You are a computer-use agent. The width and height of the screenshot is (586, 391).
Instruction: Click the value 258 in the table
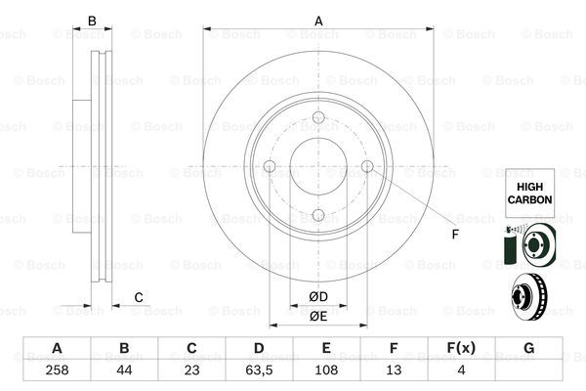pos(57,370)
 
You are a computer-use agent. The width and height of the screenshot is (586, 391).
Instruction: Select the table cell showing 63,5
pos(259,370)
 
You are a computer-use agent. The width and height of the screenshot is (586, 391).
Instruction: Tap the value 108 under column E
pos(326,370)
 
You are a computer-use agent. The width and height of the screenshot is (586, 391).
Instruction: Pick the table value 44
pos(124,370)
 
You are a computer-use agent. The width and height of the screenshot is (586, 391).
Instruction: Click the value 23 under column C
pos(191,370)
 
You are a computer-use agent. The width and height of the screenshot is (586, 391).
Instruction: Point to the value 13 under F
pos(394,370)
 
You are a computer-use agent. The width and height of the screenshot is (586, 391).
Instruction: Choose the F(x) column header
pos(461,348)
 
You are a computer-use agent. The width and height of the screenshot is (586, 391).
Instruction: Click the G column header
pos(528,348)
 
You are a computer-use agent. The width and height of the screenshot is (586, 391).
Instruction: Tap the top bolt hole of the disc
pos(318,117)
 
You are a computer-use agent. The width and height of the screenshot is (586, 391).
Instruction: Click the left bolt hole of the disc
pos(270,166)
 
